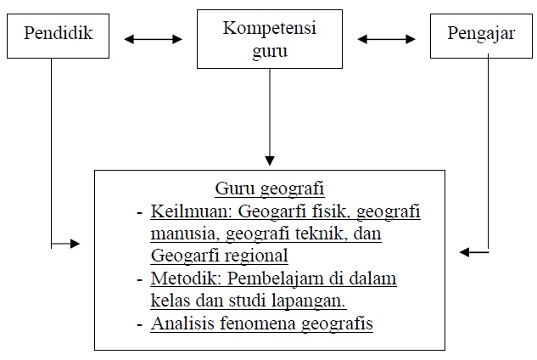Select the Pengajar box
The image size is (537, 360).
[x=481, y=34]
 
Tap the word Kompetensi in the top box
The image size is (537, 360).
[x=269, y=27]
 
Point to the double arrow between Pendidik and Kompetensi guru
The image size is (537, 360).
[x=154, y=38]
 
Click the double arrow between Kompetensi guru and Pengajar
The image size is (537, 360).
[x=385, y=38]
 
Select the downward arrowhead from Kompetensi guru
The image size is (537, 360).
[x=270, y=158]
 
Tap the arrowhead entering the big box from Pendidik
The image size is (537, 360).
[x=76, y=244]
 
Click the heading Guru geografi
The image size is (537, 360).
[x=270, y=188]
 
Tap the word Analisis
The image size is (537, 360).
[x=182, y=323]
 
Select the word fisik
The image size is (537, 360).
[x=331, y=211]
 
